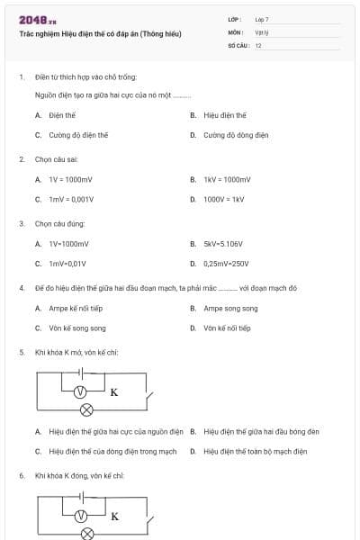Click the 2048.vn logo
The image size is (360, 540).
coord(38,20)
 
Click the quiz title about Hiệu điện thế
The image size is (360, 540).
coord(100,33)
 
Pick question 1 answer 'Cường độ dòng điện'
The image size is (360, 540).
coord(236,135)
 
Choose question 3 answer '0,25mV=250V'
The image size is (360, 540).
coord(226,264)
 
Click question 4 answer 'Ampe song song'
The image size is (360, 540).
coord(230,309)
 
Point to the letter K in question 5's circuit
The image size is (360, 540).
coord(114,392)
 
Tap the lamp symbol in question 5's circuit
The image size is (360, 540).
coord(87,409)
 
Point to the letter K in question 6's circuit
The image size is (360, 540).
coord(114,517)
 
